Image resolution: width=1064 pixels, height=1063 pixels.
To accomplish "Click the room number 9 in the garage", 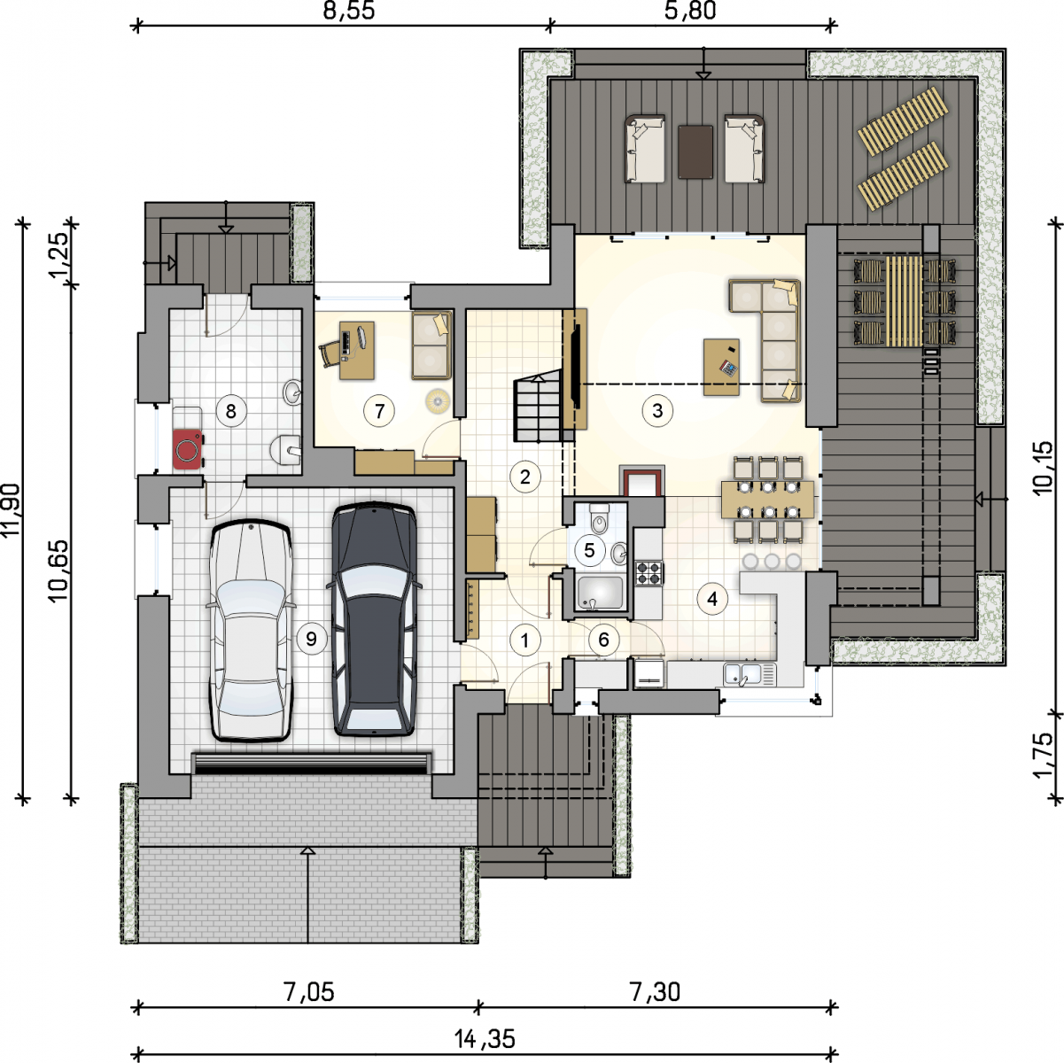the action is pyautogui.click(x=311, y=639).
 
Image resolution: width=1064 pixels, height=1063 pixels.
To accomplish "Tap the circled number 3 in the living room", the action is pyautogui.click(x=657, y=411).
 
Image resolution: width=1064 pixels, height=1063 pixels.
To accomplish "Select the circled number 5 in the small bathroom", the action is pyautogui.click(x=589, y=550).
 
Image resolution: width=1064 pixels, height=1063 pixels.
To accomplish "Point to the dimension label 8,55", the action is pyautogui.click(x=349, y=11).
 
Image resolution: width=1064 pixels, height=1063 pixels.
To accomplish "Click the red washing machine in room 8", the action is pyautogui.click(x=187, y=449).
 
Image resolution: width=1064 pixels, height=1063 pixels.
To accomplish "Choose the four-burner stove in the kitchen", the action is pyautogui.click(x=648, y=573).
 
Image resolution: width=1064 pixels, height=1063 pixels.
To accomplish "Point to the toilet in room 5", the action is pyautogui.click(x=599, y=517).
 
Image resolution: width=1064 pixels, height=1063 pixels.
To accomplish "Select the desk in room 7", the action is pyautogui.click(x=357, y=351).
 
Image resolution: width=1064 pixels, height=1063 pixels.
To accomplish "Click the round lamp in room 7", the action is pyautogui.click(x=437, y=400).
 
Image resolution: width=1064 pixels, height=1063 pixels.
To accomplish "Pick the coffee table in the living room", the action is pyautogui.click(x=721, y=368).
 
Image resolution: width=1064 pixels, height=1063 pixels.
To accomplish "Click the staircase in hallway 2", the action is pyautogui.click(x=539, y=407).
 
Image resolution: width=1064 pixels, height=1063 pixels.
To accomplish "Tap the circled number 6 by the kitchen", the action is pyautogui.click(x=603, y=640).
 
